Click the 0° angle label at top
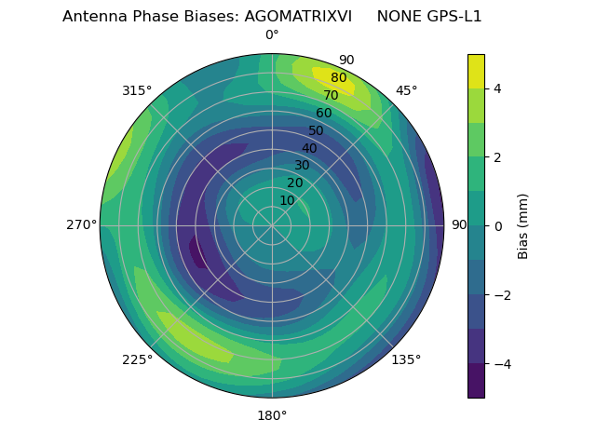tap(272, 35)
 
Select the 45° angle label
tap(406, 90)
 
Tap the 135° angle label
tap(406, 359)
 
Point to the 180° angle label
tap(272, 415)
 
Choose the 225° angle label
tap(137, 359)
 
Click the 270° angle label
tap(81, 224)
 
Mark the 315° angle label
tap(137, 90)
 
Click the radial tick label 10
tap(287, 200)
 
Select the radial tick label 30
tap(302, 166)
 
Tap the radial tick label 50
tap(317, 130)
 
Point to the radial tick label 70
tap(331, 95)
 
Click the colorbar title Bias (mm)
tap(523, 225)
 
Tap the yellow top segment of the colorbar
tap(476, 71)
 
